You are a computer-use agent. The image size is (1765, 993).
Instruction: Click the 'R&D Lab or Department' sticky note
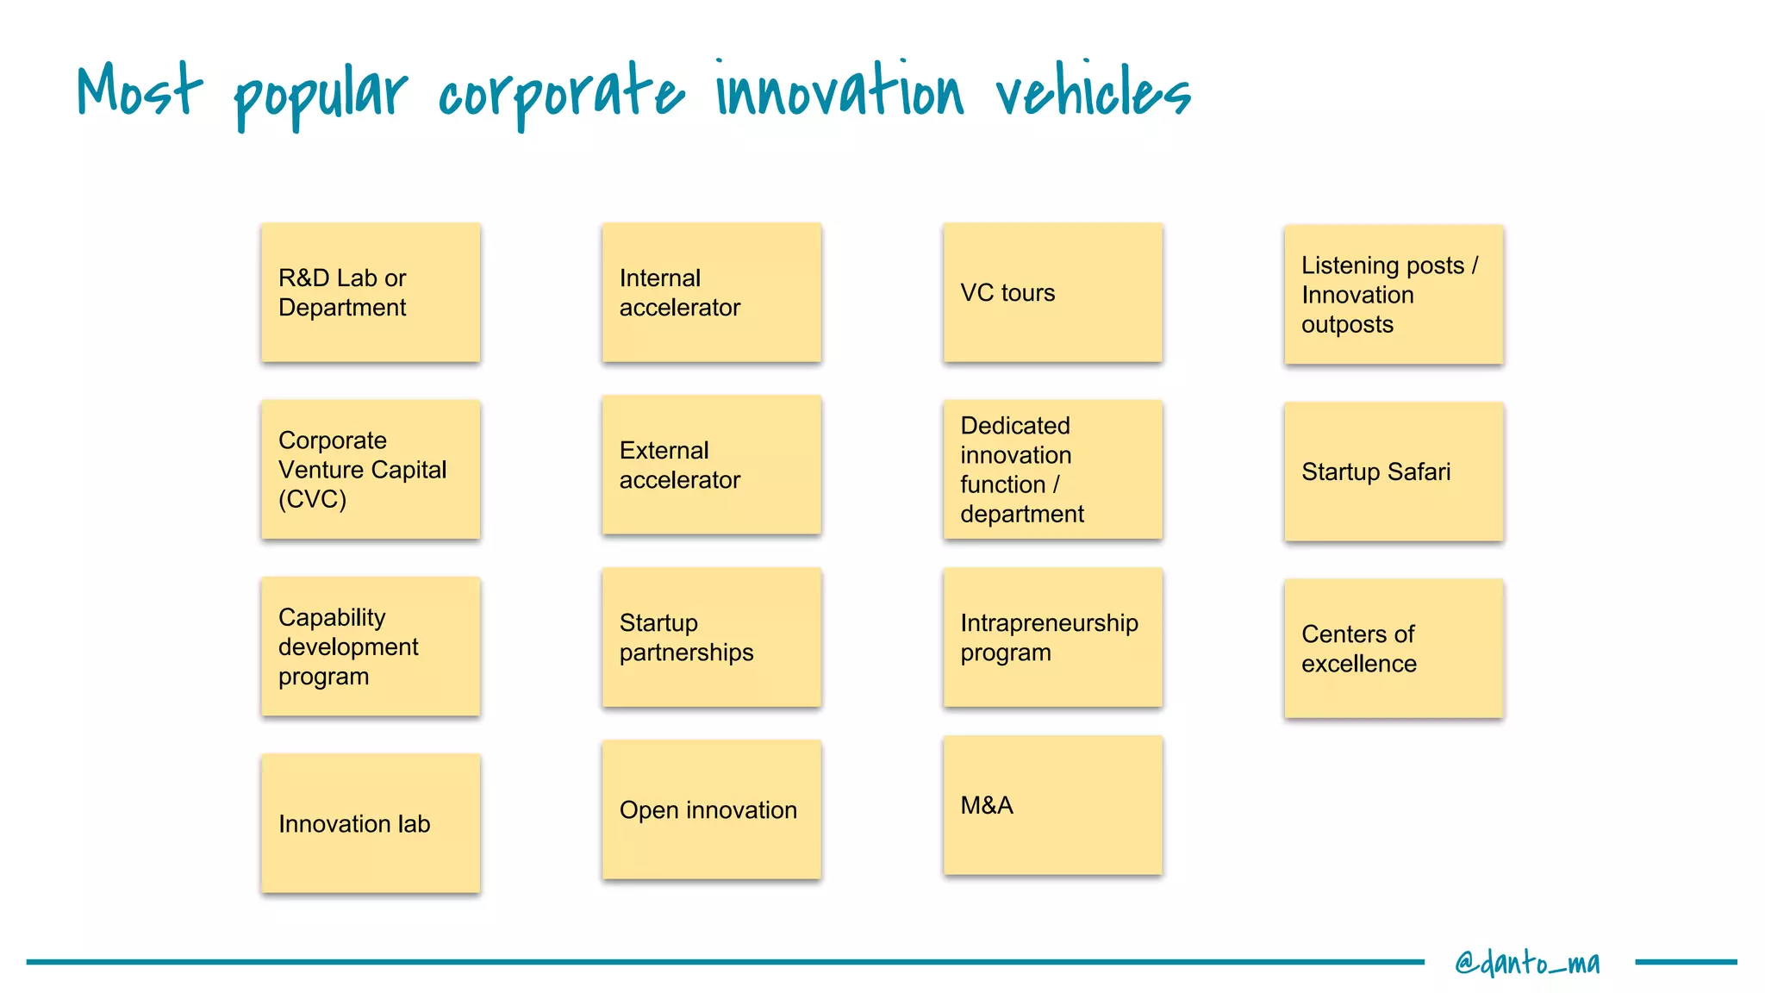[x=371, y=293]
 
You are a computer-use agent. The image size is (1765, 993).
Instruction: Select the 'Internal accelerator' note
[x=711, y=293]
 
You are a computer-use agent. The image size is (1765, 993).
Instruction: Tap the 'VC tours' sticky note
[x=1052, y=293]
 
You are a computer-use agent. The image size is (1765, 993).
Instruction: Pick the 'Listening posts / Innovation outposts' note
[x=1394, y=295]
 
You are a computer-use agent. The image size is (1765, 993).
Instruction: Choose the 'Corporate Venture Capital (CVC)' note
[x=371, y=470]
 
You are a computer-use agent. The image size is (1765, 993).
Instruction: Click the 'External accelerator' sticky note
[x=711, y=465]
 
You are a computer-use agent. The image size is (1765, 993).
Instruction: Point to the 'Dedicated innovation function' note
[x=1052, y=470]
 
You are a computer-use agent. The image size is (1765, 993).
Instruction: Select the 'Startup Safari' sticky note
[x=1394, y=472]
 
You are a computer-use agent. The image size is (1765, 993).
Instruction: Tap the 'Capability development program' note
[x=371, y=646]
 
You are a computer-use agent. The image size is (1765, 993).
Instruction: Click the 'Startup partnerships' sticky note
[x=711, y=638]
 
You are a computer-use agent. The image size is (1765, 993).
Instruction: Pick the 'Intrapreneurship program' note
[x=1052, y=638]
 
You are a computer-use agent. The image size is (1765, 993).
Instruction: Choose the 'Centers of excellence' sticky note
[x=1394, y=648]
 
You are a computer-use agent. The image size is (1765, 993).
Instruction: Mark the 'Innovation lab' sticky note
[x=371, y=823]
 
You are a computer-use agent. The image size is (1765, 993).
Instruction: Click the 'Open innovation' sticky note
[x=711, y=810]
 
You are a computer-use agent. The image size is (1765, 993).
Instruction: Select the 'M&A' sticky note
[x=1052, y=806]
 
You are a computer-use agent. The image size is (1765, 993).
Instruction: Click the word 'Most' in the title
[x=139, y=90]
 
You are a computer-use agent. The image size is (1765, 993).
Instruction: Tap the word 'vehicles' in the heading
[x=1093, y=91]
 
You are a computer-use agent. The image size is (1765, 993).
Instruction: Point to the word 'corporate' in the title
[x=560, y=95]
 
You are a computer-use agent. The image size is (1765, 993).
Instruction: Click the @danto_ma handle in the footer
[x=1527, y=962]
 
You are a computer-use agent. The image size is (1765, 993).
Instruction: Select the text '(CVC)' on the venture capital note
[x=312, y=499]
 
